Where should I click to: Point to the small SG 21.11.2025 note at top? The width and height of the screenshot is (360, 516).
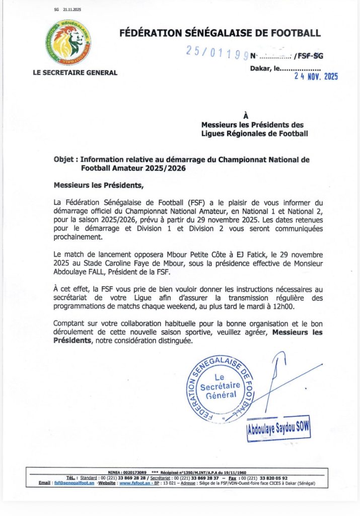tap(67, 10)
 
